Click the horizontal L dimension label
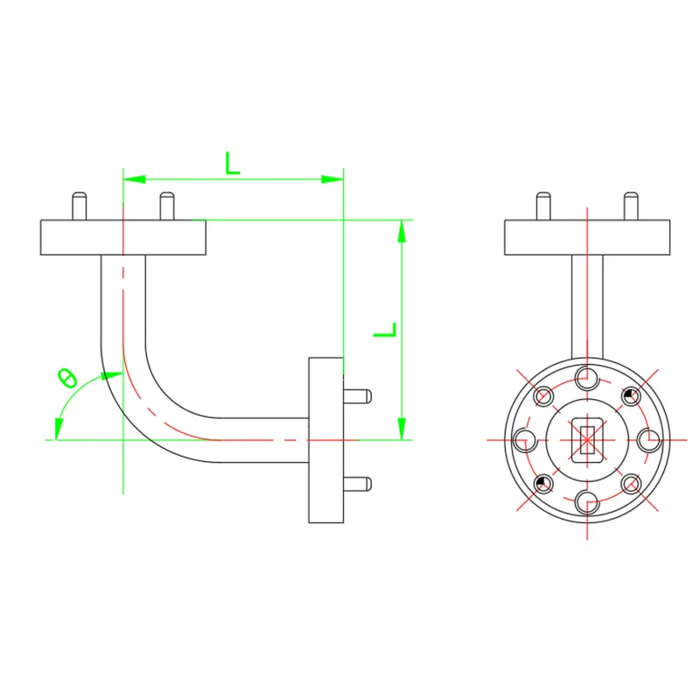232,163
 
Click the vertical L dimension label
385,331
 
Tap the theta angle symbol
66,379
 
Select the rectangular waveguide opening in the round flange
586,439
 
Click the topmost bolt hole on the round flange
587,378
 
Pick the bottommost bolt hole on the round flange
587,502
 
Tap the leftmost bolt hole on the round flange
525,440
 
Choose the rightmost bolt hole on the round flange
649,440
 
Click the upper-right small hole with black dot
631,396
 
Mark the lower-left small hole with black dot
543,483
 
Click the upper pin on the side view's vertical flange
358,395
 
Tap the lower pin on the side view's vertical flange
358,482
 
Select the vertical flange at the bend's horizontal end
325,439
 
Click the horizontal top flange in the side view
122,237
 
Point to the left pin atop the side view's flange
79,206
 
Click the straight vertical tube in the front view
587,306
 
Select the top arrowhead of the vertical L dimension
401,230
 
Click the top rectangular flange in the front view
587,237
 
